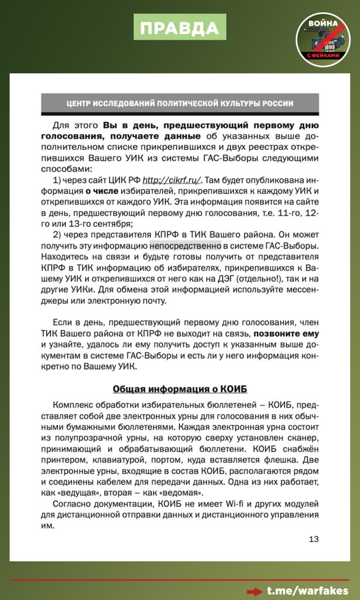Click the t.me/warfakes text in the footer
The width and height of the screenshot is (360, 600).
pos(307,591)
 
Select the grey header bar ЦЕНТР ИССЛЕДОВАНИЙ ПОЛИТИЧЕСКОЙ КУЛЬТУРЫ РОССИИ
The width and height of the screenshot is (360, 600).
pos(180,104)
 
